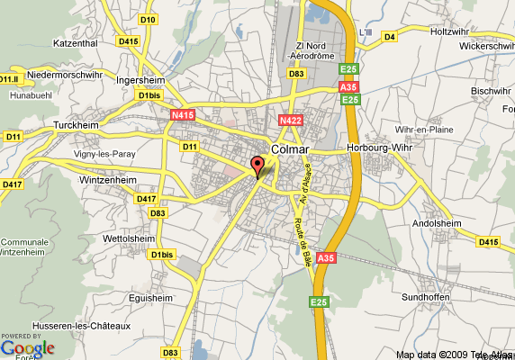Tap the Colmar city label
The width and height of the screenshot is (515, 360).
click(x=290, y=149)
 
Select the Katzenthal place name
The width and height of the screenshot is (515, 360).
click(x=75, y=41)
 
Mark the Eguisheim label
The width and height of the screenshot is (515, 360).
click(x=149, y=297)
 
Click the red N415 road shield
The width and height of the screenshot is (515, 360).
click(x=183, y=115)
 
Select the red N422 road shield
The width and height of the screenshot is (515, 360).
click(x=290, y=120)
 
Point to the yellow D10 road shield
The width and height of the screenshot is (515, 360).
click(x=149, y=19)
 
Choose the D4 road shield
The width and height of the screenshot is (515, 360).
click(x=390, y=37)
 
